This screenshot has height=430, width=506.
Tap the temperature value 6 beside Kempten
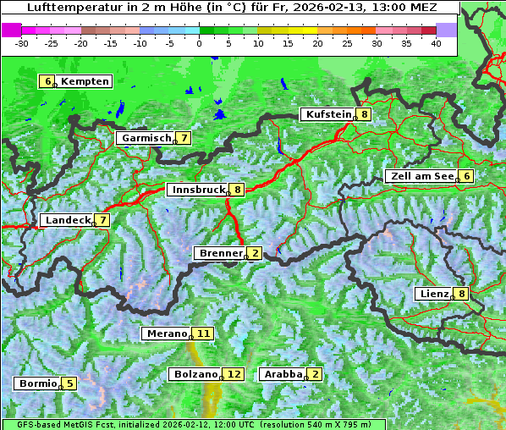tap(47, 81)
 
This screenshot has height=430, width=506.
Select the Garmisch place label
tap(146, 138)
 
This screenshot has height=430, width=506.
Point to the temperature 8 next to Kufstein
tap(364, 114)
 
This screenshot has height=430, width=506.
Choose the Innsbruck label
tap(198, 190)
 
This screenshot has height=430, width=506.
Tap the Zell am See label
tap(421, 176)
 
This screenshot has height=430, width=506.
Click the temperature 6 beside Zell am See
tap(465, 176)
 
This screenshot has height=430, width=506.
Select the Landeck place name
tap(67, 220)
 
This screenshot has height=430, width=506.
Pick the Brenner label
tap(220, 253)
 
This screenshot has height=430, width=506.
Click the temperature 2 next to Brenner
tap(255, 253)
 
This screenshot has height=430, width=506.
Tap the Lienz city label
tap(433, 294)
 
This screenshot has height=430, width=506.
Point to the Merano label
tap(166, 334)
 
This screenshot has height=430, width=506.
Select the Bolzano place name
tap(196, 374)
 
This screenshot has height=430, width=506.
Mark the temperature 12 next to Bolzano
tap(234, 374)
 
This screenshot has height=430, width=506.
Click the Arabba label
tap(283, 374)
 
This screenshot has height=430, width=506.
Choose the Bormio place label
tap(38, 383)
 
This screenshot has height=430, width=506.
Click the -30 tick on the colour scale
tap(23, 42)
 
